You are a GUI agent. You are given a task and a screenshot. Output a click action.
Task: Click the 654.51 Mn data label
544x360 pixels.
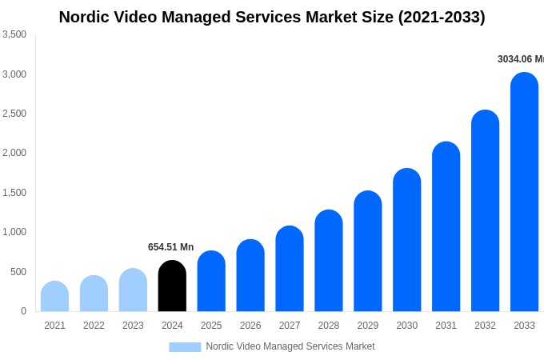[170, 247]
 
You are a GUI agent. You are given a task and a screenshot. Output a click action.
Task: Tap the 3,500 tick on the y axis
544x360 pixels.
[14, 34]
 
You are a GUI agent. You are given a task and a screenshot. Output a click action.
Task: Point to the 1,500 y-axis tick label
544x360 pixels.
[14, 193]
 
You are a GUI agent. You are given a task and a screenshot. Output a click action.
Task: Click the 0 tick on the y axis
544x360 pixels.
[23, 311]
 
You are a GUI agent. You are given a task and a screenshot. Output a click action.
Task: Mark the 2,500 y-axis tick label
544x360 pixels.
[14, 114]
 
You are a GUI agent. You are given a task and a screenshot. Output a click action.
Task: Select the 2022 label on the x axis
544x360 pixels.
[94, 326]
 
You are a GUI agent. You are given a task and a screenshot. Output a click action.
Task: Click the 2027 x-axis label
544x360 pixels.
[290, 326]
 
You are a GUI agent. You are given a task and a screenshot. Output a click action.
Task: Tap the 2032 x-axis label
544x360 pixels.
[485, 326]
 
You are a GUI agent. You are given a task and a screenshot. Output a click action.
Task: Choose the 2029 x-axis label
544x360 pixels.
[367, 326]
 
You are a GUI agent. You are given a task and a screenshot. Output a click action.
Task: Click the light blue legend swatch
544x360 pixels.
[185, 347]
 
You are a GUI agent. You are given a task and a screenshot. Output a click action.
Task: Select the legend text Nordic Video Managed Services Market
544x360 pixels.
[290, 346]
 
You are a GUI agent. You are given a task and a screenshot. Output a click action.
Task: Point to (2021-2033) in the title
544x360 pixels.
[438, 17]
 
